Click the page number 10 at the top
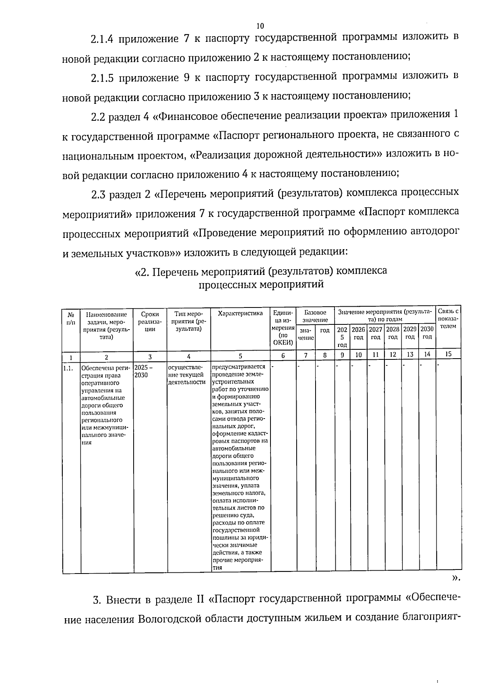(x=260, y=26)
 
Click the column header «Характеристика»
(x=240, y=314)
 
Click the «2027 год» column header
(x=376, y=333)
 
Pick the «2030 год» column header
(x=427, y=333)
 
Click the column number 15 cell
(x=448, y=354)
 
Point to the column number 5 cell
(x=240, y=356)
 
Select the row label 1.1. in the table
(x=68, y=367)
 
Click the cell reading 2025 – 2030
(x=142, y=371)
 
